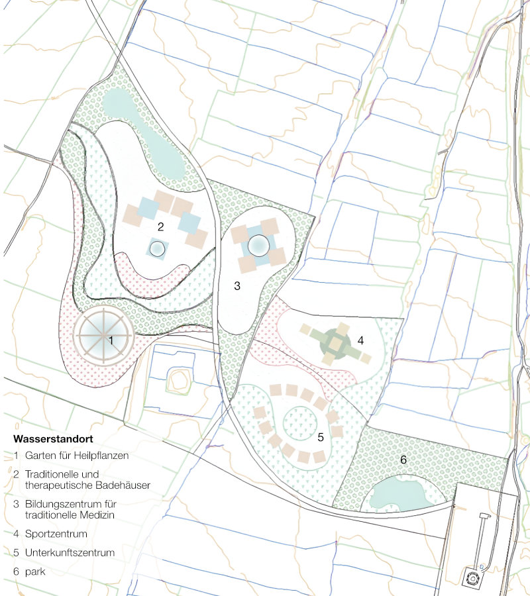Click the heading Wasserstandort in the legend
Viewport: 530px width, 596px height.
click(x=52, y=439)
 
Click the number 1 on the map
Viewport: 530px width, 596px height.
click(x=111, y=340)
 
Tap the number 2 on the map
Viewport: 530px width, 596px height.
click(x=160, y=226)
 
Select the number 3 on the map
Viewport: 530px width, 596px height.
click(x=237, y=286)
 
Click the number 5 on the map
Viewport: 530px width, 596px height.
click(x=321, y=437)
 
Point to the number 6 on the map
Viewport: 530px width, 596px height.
click(x=402, y=459)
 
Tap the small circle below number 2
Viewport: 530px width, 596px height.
click(x=157, y=248)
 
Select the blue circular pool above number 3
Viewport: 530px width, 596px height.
click(x=258, y=246)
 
